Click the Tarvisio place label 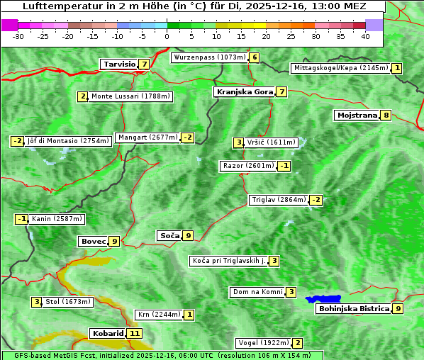[119, 64]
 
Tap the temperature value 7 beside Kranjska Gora [281, 92]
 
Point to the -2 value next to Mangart [187, 137]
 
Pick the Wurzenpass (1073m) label [210, 57]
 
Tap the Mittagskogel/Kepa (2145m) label [341, 68]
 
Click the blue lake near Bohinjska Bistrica [323, 299]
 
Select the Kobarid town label [108, 333]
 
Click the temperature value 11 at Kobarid [135, 333]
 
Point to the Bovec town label [93, 241]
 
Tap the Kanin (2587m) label [57, 219]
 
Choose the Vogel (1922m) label [262, 343]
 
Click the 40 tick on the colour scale [365, 35]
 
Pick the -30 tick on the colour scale [19, 35]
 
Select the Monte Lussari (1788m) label [130, 96]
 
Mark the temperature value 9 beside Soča [187, 235]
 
